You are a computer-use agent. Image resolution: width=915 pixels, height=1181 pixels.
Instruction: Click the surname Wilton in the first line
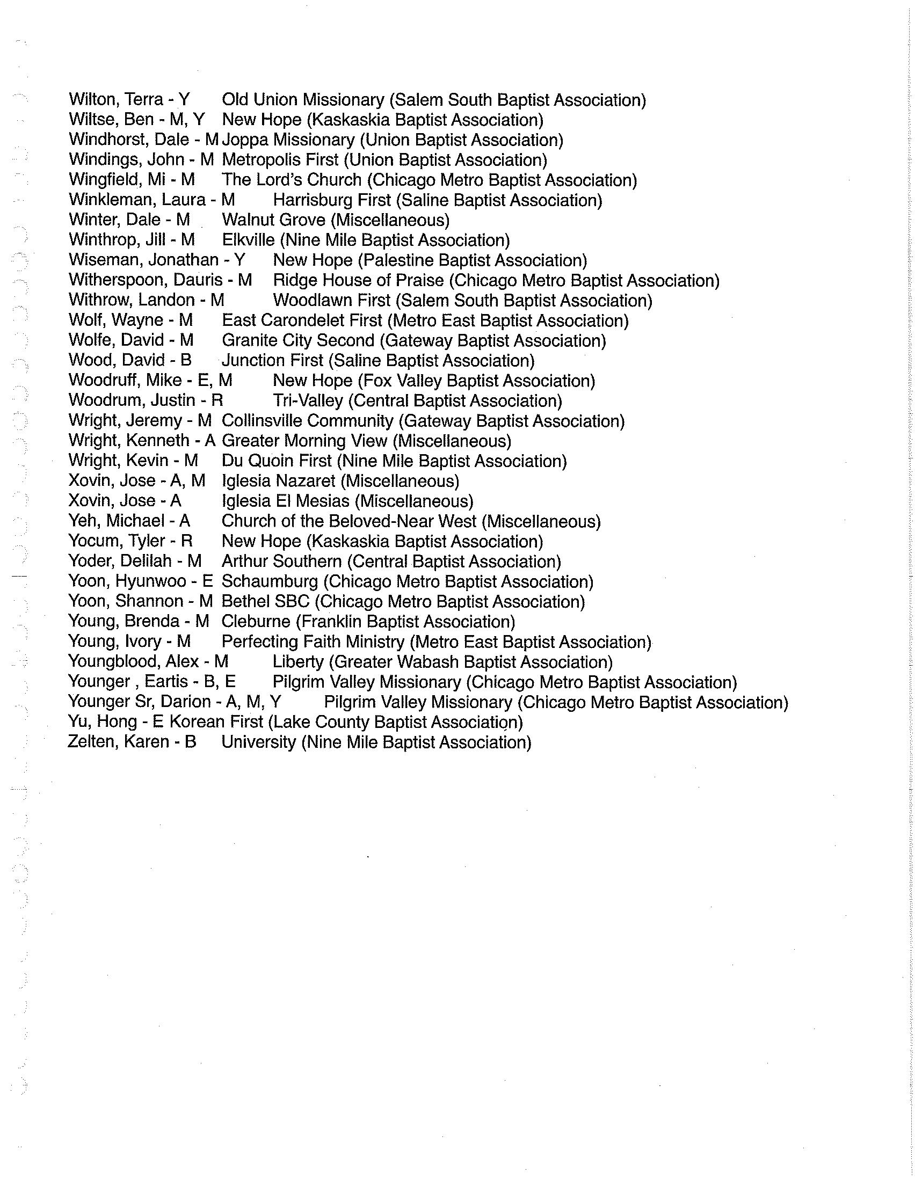pyautogui.click(x=88, y=100)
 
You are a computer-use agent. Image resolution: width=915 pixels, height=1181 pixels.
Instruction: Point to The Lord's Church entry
pyautogui.click(x=292, y=180)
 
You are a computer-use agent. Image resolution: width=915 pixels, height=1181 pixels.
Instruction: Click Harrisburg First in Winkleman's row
pyautogui.click(x=331, y=200)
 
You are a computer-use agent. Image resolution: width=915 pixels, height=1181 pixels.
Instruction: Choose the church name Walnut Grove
pyautogui.click(x=274, y=220)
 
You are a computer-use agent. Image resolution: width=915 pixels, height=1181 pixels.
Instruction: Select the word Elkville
pyautogui.click(x=248, y=240)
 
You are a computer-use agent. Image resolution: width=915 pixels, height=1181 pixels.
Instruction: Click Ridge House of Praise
pyautogui.click(x=358, y=281)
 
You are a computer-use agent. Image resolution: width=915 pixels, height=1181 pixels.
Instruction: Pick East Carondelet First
pyautogui.click(x=302, y=320)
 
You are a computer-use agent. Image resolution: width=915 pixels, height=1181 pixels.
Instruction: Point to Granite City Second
pyautogui.click(x=298, y=341)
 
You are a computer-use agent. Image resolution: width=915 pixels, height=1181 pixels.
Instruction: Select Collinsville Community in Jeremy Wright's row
pyautogui.click(x=307, y=421)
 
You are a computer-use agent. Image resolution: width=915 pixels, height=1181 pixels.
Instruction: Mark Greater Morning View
pyautogui.click(x=304, y=441)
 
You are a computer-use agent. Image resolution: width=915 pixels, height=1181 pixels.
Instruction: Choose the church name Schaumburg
pyautogui.click(x=270, y=581)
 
